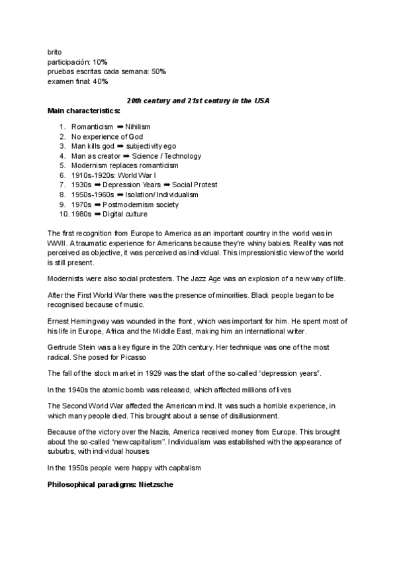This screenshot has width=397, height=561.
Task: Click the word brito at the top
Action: pyautogui.click(x=55, y=52)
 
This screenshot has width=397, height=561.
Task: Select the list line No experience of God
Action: pyautogui.click(x=107, y=136)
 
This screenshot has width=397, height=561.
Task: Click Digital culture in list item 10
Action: pyautogui.click(x=126, y=214)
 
